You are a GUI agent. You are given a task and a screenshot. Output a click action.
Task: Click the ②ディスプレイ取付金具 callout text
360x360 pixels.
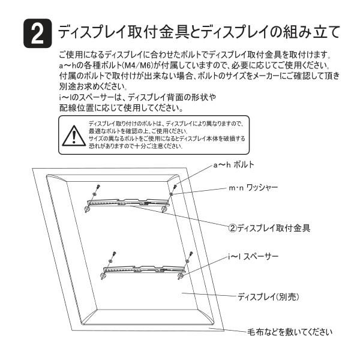tap(269, 228)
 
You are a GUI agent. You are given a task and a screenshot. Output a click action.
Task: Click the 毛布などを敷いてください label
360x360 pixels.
tap(290, 331)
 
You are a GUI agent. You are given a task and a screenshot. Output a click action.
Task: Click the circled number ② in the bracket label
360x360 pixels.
tap(233, 228)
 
